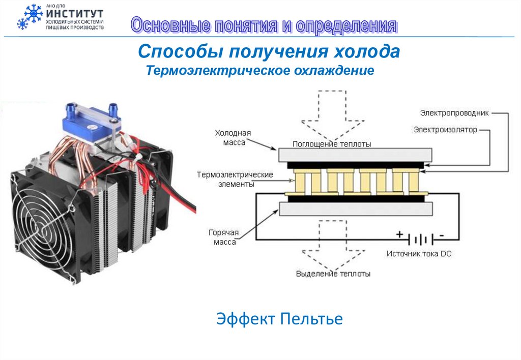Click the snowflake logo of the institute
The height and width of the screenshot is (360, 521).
click(30, 16)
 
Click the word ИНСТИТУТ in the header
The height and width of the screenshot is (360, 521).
click(75, 12)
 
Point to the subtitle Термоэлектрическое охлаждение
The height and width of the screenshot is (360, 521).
click(260, 70)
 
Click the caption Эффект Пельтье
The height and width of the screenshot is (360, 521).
click(279, 319)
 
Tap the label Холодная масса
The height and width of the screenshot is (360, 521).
click(233, 137)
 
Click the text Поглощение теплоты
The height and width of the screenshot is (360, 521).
click(331, 144)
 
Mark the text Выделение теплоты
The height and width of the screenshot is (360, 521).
click(333, 274)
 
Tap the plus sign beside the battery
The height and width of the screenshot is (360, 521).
click(399, 234)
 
